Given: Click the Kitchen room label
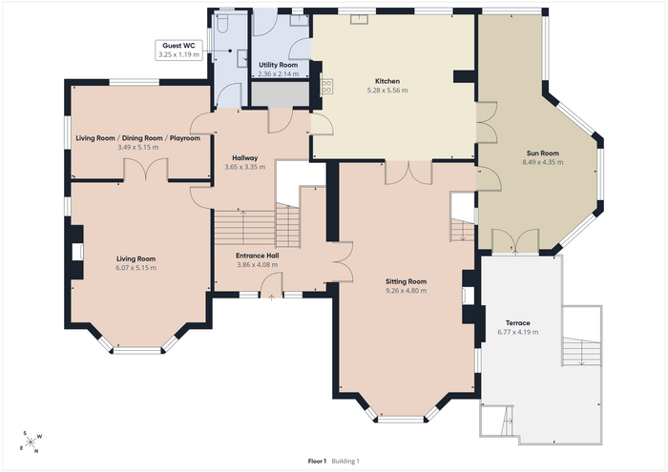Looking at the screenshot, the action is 387,81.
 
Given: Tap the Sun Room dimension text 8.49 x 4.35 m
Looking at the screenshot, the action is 542,162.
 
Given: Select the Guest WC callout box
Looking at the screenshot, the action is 178,51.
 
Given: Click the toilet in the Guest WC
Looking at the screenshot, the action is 222,23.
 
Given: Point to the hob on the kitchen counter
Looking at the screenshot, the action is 326,87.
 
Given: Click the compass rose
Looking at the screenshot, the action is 31,442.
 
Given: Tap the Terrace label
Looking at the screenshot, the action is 517,322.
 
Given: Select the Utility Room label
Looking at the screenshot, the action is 279,65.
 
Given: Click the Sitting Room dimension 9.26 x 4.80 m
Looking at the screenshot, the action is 406,291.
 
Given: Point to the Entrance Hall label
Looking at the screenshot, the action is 258,256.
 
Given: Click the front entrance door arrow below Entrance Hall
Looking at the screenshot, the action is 272,298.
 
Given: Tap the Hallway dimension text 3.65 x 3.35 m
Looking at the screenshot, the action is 245,167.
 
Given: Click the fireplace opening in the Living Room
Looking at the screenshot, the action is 77,252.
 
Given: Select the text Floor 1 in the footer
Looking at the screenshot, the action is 317,461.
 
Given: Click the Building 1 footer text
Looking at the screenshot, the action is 345,461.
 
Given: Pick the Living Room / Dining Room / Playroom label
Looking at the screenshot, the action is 138,138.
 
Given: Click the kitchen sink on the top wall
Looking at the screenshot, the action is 360,19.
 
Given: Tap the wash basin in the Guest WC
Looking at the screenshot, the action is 242,58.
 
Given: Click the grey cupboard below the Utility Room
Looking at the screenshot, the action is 280,93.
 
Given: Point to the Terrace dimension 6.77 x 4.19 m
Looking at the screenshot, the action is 517,332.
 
